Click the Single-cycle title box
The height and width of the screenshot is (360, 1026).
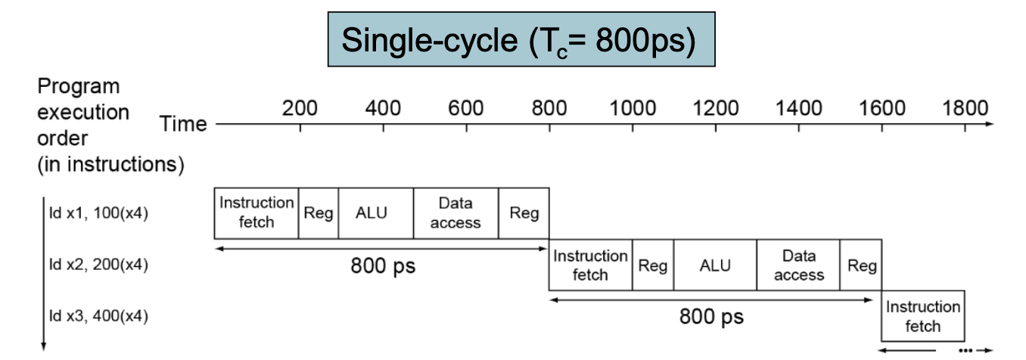[x=521, y=39]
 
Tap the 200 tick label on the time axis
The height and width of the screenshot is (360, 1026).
[x=300, y=109]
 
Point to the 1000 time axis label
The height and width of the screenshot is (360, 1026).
[x=633, y=109]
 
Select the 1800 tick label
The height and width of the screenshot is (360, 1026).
[x=965, y=109]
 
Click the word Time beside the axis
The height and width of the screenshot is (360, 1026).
[x=183, y=124]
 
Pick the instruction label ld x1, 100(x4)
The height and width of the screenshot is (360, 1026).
[x=98, y=213]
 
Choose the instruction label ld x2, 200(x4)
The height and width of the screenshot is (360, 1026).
[x=98, y=264]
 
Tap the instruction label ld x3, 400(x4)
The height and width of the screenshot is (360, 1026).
[x=98, y=315]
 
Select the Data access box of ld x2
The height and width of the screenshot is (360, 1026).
[x=798, y=265]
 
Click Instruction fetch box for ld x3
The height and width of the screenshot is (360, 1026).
[x=923, y=316]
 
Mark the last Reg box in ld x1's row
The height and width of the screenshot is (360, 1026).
[x=524, y=213]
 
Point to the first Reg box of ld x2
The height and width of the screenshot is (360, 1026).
[x=653, y=265]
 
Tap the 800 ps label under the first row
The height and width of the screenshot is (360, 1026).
[x=383, y=265]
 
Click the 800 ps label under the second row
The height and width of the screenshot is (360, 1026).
[x=711, y=316]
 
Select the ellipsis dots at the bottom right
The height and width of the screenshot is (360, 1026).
[x=965, y=351]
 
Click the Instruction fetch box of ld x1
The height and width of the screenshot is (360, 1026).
[x=256, y=213]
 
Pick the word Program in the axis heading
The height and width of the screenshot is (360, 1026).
[x=79, y=87]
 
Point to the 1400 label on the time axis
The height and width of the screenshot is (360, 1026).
[x=798, y=109]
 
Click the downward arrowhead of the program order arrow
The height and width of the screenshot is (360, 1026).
[x=44, y=346]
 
